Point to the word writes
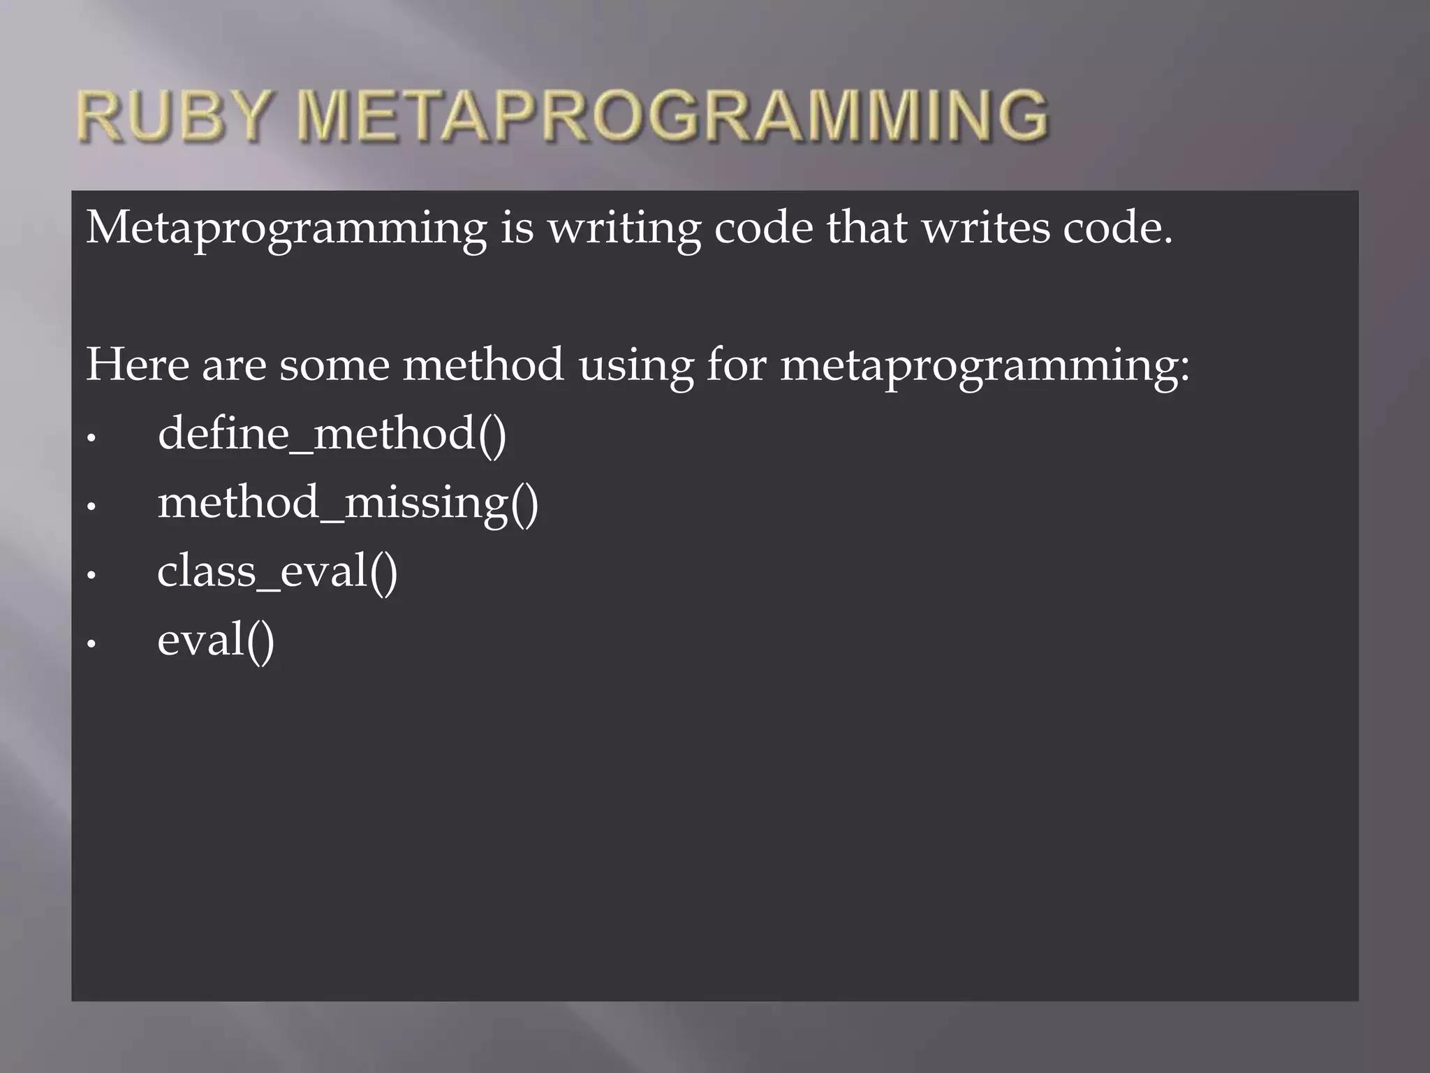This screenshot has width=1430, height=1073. pos(985,228)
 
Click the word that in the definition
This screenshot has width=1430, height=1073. pos(867,228)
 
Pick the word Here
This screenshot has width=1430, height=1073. pos(137,365)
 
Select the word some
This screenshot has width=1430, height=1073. pos(334,365)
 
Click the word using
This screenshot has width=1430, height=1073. pos(636,366)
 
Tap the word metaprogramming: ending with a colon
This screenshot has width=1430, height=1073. pos(985,366)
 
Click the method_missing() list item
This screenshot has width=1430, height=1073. pos(348,503)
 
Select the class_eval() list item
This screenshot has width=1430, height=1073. pos(277,571)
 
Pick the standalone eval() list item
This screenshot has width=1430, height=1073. pos(216,640)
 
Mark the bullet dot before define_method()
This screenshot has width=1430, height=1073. pos(91,439)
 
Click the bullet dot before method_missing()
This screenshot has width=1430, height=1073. pos(91,507)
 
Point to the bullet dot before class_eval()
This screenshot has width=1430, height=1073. pos(91,576)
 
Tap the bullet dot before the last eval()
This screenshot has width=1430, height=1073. pos(91,644)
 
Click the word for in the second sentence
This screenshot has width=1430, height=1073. pos(736,365)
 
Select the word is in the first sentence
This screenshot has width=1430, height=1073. pos(517,228)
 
